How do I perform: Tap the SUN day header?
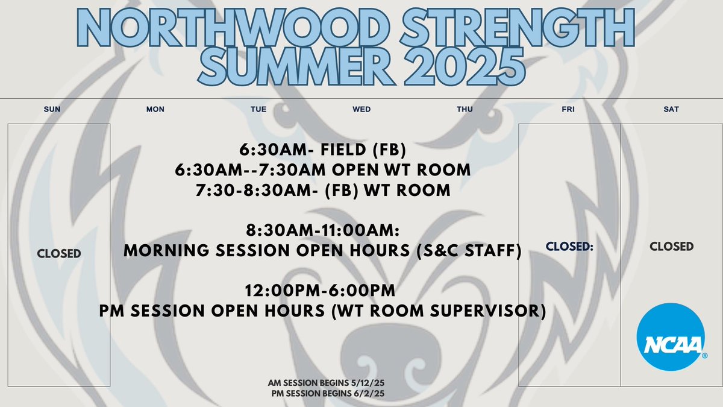click(52, 109)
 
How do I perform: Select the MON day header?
click(155, 109)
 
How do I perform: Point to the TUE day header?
click(258, 109)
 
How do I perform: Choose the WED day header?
click(361, 109)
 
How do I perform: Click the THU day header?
click(465, 109)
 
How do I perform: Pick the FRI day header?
click(568, 109)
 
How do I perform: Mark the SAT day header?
click(671, 109)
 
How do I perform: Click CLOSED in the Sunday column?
click(59, 253)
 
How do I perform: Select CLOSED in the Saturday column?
click(672, 247)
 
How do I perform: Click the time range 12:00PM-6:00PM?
click(320, 291)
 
